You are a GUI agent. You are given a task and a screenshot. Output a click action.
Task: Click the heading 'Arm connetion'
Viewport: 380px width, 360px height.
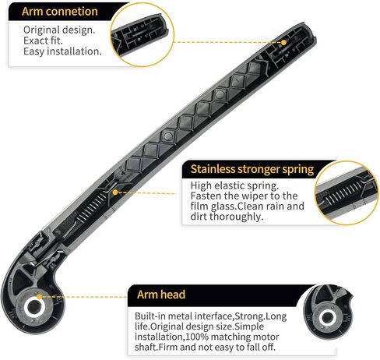60,12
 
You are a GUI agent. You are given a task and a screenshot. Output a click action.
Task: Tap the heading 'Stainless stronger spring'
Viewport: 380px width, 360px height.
252,169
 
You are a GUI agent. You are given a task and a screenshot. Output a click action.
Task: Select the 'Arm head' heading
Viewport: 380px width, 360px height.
161,295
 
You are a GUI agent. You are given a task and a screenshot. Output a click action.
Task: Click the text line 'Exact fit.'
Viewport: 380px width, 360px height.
43,41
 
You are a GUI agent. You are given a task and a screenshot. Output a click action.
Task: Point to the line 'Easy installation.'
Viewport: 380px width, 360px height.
62,51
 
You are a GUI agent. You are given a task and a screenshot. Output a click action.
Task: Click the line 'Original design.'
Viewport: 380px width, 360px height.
59,30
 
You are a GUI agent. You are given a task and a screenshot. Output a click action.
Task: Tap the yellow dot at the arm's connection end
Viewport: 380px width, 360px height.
284,42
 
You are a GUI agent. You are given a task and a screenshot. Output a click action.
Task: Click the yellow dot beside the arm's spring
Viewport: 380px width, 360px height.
115,192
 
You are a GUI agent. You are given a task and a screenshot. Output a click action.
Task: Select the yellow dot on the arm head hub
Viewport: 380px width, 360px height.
39,297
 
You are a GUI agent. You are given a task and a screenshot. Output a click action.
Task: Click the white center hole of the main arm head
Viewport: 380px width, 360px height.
33,307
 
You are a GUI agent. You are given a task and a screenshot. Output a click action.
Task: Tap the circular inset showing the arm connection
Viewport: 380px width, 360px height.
142,34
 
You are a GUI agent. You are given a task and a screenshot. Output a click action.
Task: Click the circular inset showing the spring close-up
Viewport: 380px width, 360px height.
347,193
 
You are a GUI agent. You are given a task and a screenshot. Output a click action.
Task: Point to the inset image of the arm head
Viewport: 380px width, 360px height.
329,312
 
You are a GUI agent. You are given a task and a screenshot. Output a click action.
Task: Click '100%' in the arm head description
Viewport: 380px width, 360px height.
197,337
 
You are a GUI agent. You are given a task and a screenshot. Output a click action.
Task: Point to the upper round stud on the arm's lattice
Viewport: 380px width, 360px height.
220,94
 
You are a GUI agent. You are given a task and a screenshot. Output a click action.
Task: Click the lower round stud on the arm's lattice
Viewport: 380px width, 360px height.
168,136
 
